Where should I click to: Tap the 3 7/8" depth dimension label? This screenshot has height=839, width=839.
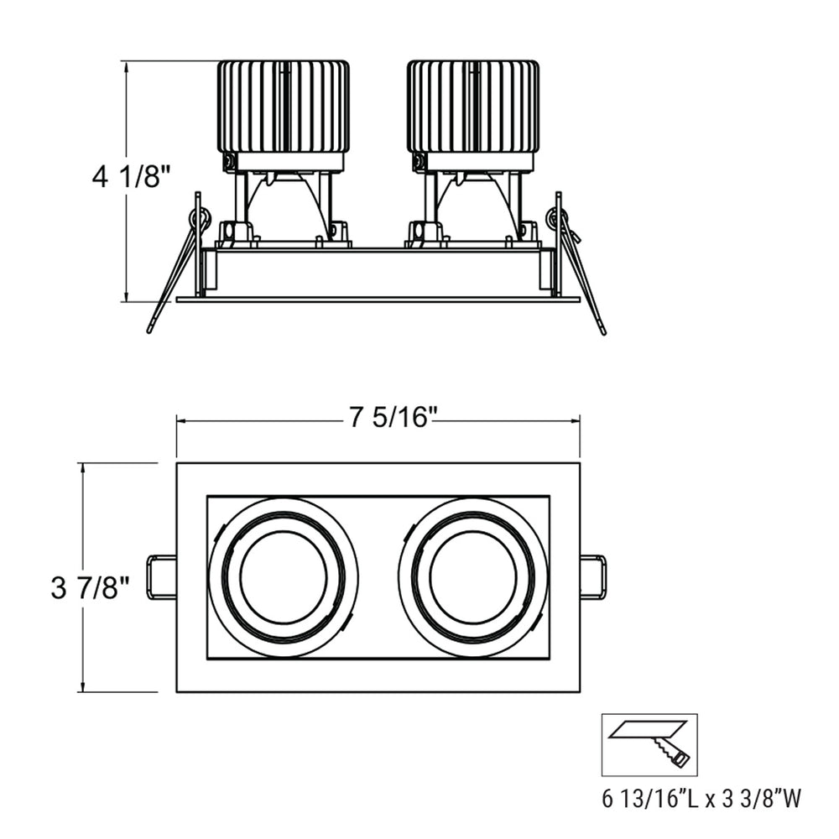tap(90, 588)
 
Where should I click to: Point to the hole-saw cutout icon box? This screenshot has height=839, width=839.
tap(649, 744)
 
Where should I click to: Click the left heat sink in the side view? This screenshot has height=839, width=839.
tap(283, 107)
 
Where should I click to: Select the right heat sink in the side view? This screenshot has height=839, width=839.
tap(472, 107)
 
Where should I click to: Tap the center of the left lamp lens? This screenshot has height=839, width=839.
tap(283, 577)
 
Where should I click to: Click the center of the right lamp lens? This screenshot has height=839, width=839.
tap(472, 577)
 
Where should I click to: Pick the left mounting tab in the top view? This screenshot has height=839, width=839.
tap(161, 577)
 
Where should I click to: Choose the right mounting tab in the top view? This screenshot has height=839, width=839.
tap(593, 577)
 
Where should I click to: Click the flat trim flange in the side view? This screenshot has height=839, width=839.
tap(378, 299)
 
